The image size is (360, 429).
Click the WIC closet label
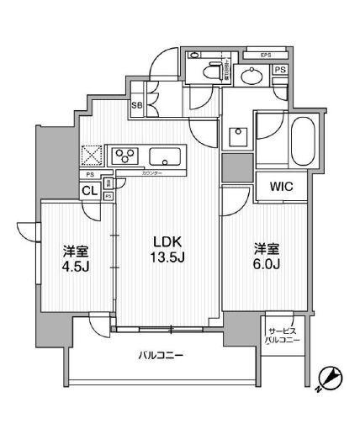point(281,187)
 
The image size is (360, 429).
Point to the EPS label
point(265,56)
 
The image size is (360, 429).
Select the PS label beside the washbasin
point(279,71)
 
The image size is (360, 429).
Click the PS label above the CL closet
point(90,174)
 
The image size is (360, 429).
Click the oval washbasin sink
point(250,77)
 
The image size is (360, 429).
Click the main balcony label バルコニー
point(161,355)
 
